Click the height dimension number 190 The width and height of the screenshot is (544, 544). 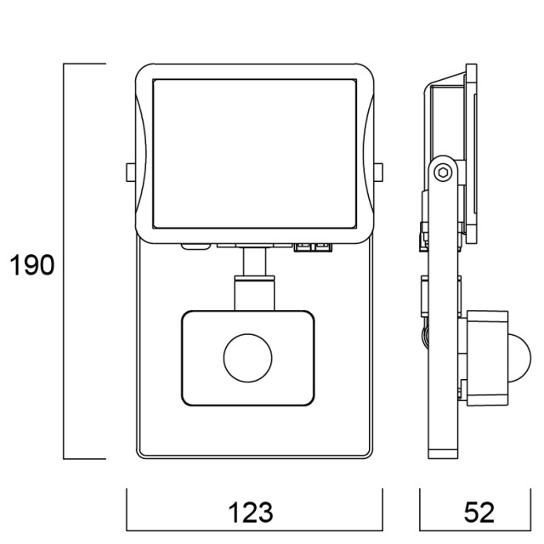coord(33,266)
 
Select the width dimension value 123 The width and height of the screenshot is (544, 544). coord(251,513)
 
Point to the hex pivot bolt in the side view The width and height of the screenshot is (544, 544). coord(442,173)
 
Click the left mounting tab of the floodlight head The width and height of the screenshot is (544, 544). coord(128,173)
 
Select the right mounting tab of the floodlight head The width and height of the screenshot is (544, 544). coord(378,173)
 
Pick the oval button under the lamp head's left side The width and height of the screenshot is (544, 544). coord(195,247)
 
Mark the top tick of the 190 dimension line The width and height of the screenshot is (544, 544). coord(85,64)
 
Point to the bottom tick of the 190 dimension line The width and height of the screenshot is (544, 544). coord(85,459)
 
